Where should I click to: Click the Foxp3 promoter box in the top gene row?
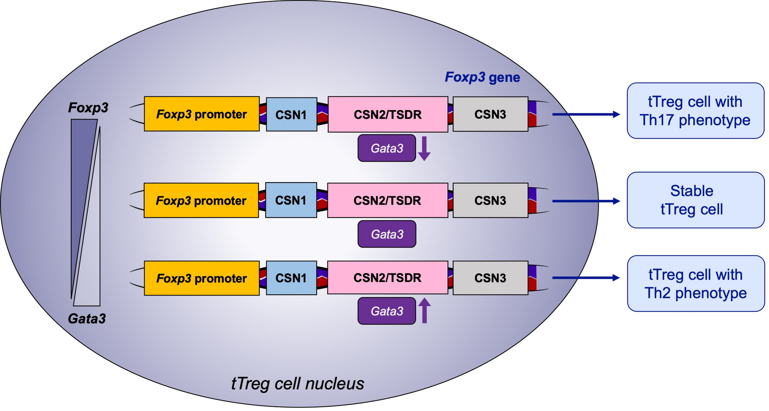coord(202,114)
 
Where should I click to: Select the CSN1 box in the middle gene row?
coord(291,200)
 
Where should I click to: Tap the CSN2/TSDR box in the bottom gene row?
coord(388,277)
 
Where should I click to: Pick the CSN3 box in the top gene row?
coord(490,114)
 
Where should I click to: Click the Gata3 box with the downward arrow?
coord(387,148)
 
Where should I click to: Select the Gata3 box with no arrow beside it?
coord(387,234)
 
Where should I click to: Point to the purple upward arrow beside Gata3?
coord(424,310)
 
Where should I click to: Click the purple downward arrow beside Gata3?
coord(424,149)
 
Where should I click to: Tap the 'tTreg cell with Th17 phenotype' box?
coord(695,111)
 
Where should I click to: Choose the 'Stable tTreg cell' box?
coord(695,200)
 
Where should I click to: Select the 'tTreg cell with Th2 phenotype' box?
coord(696,284)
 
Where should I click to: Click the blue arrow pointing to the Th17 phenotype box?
coord(586,114)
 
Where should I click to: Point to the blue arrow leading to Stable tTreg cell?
coord(586,201)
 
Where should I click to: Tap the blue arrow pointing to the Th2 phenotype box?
coord(586,277)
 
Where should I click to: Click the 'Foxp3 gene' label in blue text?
coord(482,77)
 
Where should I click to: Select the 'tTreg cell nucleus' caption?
coord(297,384)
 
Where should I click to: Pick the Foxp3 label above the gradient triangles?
coord(88,108)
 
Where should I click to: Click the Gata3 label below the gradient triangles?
coord(87,319)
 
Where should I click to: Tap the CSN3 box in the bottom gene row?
coord(490,278)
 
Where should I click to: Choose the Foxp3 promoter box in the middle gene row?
coord(201,200)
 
